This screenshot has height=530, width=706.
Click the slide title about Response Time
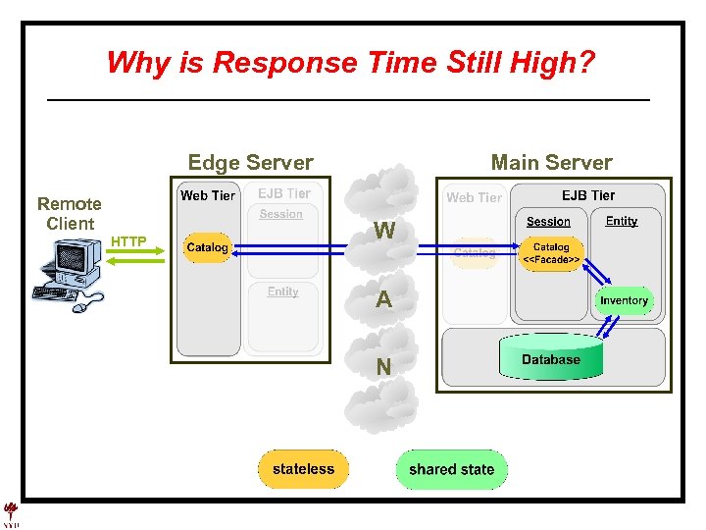point(350,63)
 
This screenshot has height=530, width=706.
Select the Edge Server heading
point(250,163)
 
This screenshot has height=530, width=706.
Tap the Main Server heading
point(551,163)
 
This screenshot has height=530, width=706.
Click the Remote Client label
point(70,213)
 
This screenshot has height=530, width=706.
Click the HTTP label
point(128,241)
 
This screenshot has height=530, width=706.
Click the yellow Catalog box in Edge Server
point(207,247)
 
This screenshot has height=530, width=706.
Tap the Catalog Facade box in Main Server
point(551,253)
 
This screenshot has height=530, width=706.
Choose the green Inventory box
point(624,300)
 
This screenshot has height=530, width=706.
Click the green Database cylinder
point(550,359)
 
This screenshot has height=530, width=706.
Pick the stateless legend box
point(303,469)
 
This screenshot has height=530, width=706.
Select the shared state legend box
point(451,469)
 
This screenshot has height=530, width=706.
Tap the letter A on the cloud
point(384,300)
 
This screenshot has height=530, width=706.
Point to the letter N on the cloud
point(384,367)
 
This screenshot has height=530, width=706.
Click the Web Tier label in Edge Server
point(208,195)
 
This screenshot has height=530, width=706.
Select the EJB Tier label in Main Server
point(588,195)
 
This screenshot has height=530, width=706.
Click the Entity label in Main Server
point(622,221)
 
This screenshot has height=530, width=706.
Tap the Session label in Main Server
point(548,222)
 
